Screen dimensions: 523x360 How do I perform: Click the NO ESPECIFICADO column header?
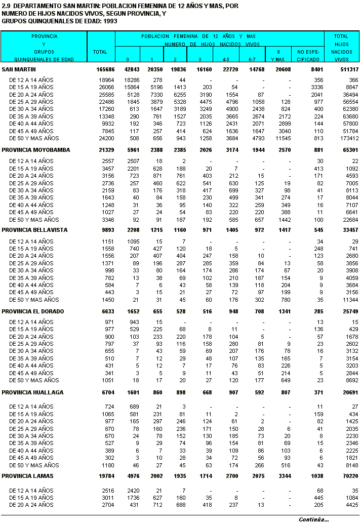pos(308,56)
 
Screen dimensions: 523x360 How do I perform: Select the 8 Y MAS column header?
pos(278,56)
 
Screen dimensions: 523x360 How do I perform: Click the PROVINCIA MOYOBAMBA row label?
pos(36,150)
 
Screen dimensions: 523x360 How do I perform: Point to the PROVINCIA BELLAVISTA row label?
pos(35,230)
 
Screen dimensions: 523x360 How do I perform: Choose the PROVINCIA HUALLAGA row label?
pos(33,392)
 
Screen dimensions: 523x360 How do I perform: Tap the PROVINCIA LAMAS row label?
pos(28,476)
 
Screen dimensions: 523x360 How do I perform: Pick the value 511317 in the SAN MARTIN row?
pos(348,69)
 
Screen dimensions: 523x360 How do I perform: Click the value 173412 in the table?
pos(348,138)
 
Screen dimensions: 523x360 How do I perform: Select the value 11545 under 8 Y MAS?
pos(282,138)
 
